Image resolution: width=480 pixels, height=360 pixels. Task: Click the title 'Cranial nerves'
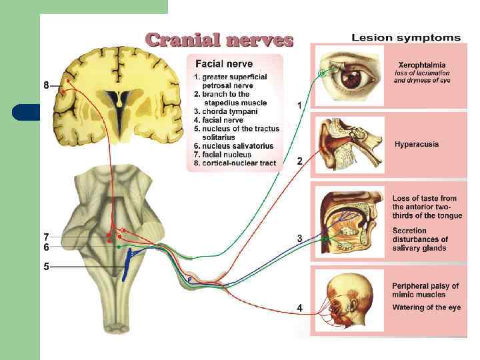(219, 40)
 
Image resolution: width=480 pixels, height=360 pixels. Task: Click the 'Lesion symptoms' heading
(406, 37)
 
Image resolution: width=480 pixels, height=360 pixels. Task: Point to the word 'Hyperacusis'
(417, 144)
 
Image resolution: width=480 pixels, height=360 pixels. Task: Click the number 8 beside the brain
(46, 85)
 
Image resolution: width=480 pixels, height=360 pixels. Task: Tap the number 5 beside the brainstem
(46, 266)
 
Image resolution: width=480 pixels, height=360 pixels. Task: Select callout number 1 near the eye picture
(300, 105)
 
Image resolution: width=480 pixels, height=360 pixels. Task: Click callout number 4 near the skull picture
(300, 307)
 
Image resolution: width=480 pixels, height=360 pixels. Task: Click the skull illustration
(350, 301)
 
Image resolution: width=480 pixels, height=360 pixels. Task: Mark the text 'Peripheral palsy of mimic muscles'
(425, 290)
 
